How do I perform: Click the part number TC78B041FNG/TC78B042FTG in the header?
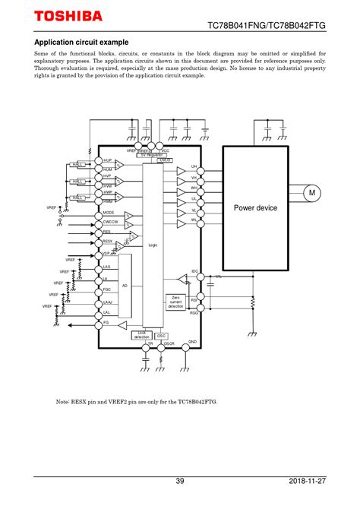[267, 26]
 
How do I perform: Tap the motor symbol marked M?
[311, 194]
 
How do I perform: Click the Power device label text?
[255, 208]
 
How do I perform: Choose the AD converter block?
[125, 285]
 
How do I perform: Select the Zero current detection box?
[175, 302]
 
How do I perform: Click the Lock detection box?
[142, 334]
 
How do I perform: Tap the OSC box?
[162, 335]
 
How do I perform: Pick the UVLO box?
[164, 160]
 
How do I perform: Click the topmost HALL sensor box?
[77, 164]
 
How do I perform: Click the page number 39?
[180, 481]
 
